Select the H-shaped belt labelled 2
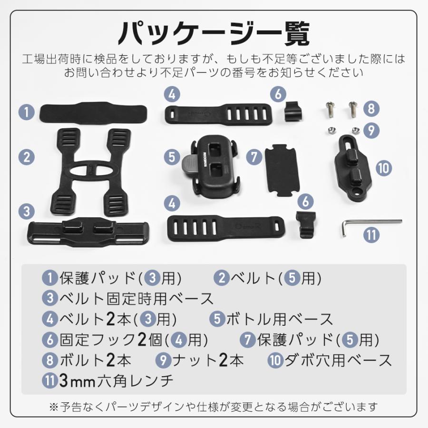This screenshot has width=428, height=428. click(x=90, y=169)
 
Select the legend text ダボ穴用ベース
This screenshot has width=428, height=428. click(x=338, y=360)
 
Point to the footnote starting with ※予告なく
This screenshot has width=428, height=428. click(x=214, y=407)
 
